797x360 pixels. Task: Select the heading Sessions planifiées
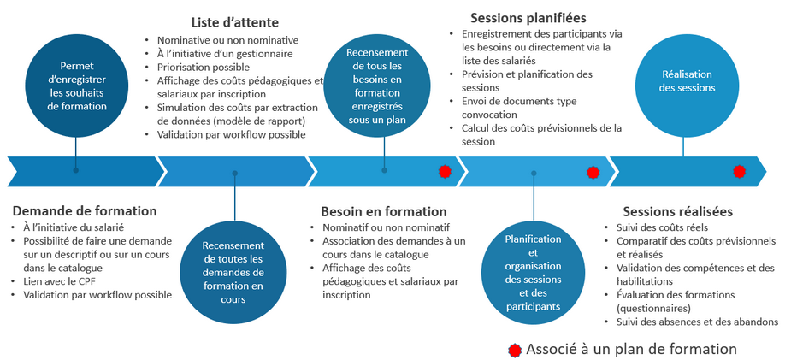pos(528,17)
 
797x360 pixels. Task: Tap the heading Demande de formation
pos(84,210)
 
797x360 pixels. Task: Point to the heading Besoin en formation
pos(383,211)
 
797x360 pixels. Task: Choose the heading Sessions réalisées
pos(677,211)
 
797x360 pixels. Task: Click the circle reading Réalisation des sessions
pos(682,81)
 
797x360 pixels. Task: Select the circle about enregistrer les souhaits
pos(77,86)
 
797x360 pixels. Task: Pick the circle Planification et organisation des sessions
pos(533,272)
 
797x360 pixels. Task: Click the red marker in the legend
pos(514,350)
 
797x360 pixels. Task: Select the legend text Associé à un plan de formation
pos(631,350)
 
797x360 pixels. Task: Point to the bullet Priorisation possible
pos(204,67)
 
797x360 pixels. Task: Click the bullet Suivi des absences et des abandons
pos(697,322)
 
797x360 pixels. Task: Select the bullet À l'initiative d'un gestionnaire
pos(225,54)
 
